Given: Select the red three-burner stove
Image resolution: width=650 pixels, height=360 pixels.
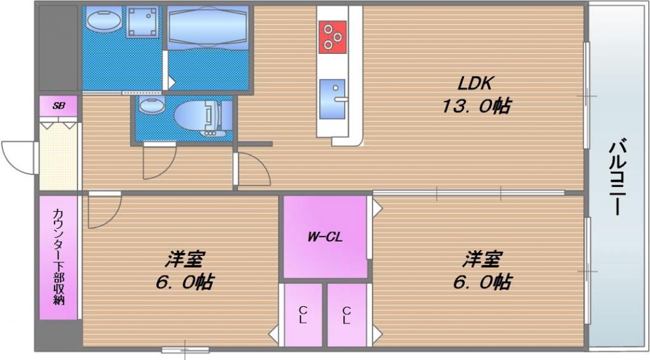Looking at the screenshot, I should pyautogui.click(x=331, y=36).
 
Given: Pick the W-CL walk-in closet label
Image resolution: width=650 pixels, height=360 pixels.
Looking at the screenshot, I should pyautogui.click(x=325, y=237).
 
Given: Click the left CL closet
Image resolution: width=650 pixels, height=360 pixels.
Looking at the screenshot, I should pyautogui.click(x=303, y=315).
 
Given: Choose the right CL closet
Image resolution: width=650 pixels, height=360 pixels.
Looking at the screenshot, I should pyautogui.click(x=346, y=315).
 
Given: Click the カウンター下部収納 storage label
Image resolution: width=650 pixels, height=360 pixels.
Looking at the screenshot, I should pyautogui.click(x=58, y=257).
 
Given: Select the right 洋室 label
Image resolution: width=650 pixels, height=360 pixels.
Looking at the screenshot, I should pyautogui.click(x=482, y=259).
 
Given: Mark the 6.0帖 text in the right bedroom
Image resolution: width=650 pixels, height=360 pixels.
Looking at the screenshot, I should pyautogui.click(x=482, y=283).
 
